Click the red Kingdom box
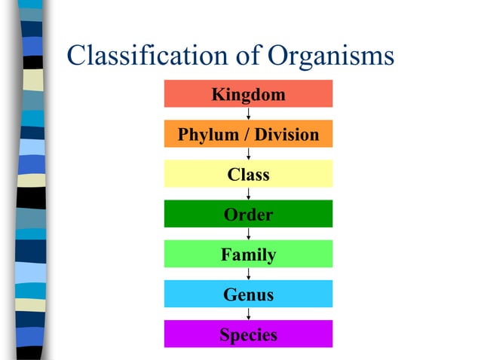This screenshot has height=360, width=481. click(248, 94)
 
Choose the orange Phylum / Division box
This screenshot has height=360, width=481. click(248, 135)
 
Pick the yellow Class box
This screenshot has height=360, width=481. click(248, 175)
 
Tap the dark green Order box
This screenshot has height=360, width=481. click(248, 215)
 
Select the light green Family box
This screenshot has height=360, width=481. click(248, 255)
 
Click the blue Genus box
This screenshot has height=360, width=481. click(248, 294)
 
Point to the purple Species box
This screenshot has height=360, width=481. click(248, 334)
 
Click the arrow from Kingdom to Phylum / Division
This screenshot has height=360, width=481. click(248, 114)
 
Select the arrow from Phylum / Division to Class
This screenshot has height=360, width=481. click(248, 154)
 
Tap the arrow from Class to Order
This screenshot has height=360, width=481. click(248, 194)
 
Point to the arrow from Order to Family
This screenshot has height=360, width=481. click(248, 234)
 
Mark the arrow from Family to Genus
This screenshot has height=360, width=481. click(248, 274)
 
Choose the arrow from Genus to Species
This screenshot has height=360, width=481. click(248, 314)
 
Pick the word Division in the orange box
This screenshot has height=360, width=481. click(286, 136)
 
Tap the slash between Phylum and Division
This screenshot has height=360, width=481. click(243, 136)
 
